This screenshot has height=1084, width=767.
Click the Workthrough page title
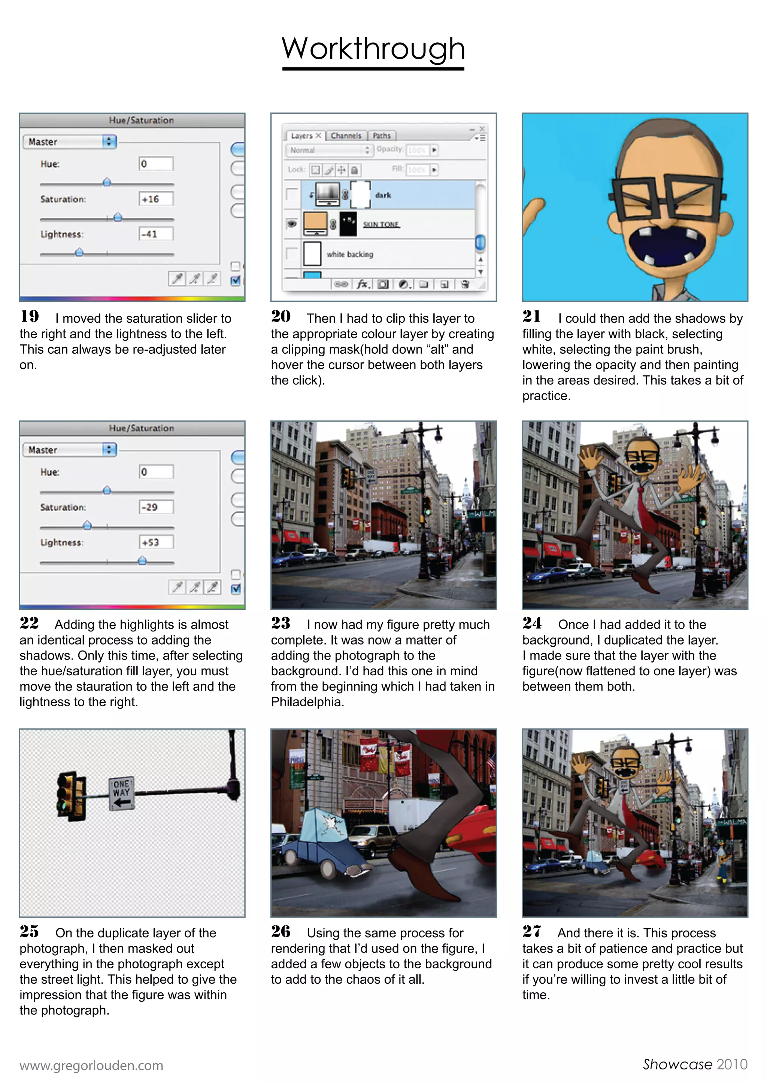373,49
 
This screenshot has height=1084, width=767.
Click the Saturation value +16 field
156,199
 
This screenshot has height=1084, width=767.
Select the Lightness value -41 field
156,234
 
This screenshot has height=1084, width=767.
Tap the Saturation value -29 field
156,507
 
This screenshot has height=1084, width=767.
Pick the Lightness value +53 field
156,542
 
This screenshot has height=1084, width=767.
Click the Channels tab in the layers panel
346,136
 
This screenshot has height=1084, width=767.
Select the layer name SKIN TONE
381,225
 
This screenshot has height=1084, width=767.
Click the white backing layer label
349,255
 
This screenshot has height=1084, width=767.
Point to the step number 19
30,316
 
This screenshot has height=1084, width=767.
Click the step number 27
532,932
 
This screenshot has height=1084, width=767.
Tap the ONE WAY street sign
121,794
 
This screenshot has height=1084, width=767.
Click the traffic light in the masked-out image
71,796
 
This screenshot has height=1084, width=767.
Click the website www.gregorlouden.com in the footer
91,1066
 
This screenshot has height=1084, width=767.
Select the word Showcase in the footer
677,1065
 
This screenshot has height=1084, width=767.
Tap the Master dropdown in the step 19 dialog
69,141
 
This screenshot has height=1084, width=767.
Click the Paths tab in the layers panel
381,136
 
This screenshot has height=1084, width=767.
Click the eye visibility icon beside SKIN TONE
292,224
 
